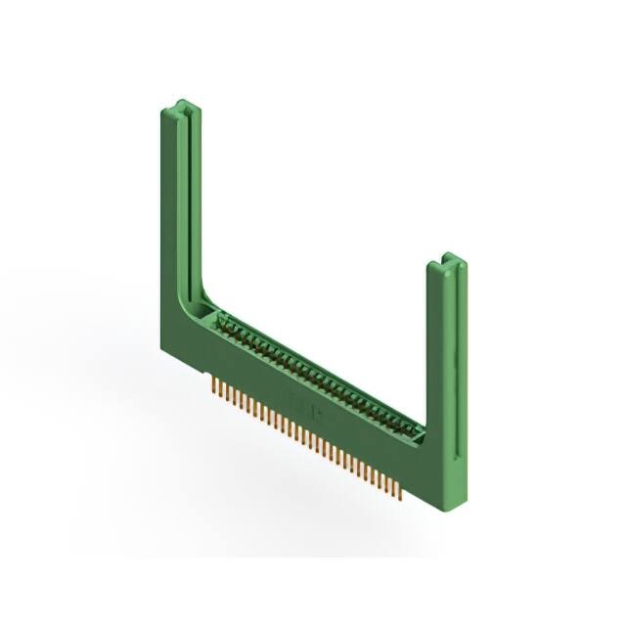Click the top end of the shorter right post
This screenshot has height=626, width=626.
449,260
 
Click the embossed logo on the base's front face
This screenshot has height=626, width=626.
297,401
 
